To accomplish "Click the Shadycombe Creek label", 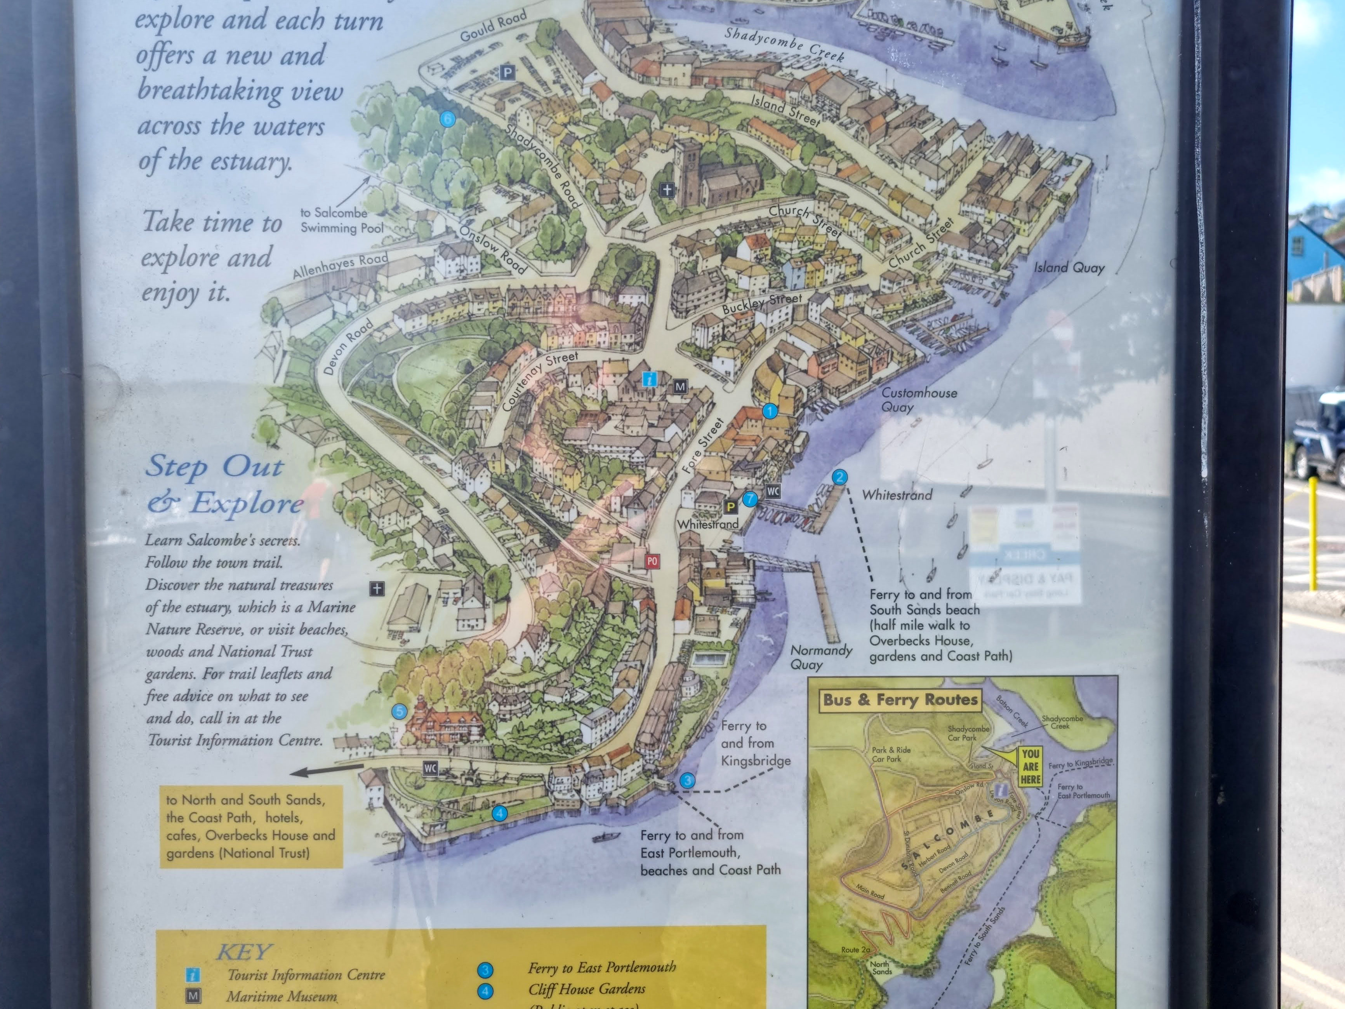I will point(784,44).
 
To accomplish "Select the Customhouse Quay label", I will point(919,400).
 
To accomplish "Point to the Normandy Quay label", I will point(820,657).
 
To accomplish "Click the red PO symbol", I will point(652,561).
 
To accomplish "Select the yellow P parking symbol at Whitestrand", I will point(730,506).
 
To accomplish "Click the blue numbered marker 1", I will point(770,411).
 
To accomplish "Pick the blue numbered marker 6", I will point(448,118).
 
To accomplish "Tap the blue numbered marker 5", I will point(399,712).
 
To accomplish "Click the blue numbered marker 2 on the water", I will point(839,477).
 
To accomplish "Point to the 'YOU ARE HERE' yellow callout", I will point(1030,766).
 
